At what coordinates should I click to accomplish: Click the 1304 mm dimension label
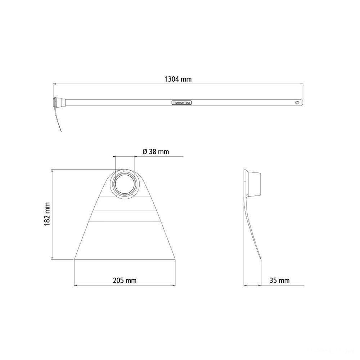point(178,79)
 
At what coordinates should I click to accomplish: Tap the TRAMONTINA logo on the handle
point(182,103)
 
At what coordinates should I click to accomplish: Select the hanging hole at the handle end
point(298,102)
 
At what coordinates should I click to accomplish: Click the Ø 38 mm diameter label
point(156,152)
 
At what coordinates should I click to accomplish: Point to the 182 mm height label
point(47,214)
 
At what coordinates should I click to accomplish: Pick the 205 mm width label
point(125,280)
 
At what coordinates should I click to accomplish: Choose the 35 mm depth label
point(279,280)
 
